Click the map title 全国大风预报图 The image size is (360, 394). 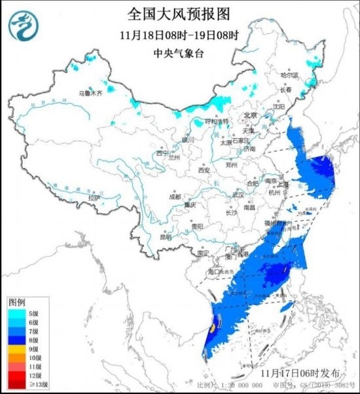[x=180, y=13]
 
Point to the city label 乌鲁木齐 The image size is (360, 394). [x=91, y=94]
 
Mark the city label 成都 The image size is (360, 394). [x=173, y=196]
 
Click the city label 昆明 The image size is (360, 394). [x=168, y=237]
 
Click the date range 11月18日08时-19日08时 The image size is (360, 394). [x=179, y=34]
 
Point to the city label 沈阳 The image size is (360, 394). [x=279, y=106]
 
